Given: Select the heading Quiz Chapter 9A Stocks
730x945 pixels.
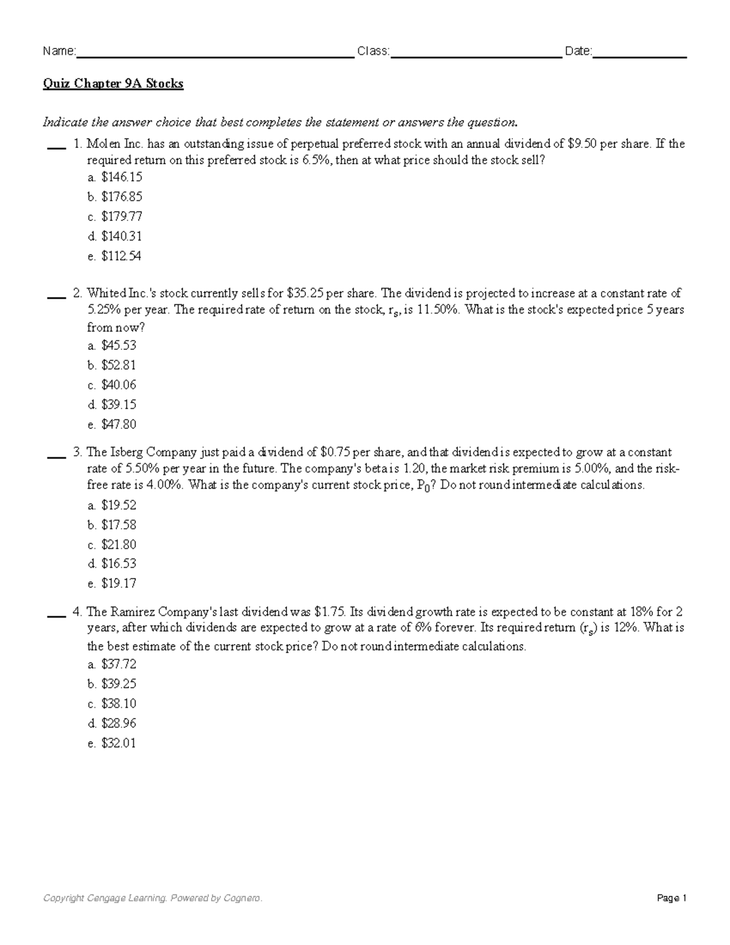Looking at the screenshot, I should [113, 83].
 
